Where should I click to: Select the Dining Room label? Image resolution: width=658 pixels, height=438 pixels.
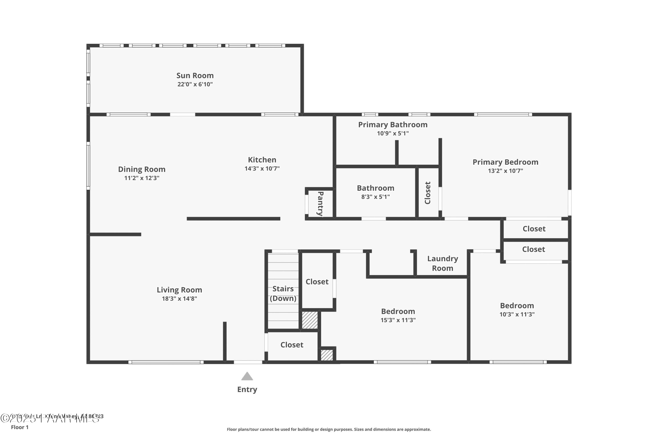click(x=141, y=169)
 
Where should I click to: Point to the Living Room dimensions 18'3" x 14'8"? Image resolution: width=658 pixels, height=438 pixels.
click(x=179, y=299)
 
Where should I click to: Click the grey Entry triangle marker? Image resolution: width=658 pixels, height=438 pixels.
click(x=247, y=377)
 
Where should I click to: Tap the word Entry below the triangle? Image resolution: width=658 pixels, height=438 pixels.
click(x=247, y=389)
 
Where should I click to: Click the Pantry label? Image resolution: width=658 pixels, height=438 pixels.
click(x=320, y=204)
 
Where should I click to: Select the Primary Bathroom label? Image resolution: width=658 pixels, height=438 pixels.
click(x=392, y=125)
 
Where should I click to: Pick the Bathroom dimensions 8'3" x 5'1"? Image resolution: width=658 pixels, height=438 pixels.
click(x=375, y=197)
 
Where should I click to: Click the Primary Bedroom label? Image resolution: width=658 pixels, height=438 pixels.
click(x=505, y=162)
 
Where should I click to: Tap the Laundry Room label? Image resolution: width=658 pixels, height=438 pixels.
click(x=442, y=263)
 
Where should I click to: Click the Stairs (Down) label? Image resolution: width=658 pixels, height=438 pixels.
click(x=283, y=294)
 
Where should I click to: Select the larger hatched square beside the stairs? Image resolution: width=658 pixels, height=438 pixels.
click(x=309, y=320)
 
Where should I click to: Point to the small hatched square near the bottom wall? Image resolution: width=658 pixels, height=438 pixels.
click(x=326, y=355)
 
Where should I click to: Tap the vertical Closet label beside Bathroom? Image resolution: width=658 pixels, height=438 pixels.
click(x=427, y=193)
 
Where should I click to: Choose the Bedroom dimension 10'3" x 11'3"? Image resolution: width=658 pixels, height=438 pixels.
click(x=517, y=314)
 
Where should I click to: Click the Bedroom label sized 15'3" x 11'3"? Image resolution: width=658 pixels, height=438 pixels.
click(x=398, y=311)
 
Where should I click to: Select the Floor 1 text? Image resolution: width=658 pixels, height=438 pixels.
click(x=20, y=427)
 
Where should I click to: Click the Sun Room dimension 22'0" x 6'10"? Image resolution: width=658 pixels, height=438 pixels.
click(x=195, y=84)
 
